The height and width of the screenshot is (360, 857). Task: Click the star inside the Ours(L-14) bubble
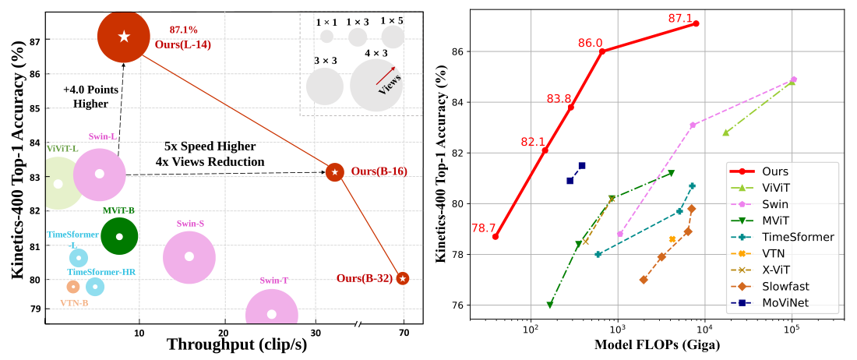tap(124, 36)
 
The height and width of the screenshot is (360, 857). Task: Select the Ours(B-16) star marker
tap(335, 171)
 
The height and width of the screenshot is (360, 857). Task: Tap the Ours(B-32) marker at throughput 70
tap(402, 278)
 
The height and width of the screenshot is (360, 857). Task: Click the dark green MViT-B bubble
tap(119, 236)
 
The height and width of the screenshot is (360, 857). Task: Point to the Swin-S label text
tap(190, 224)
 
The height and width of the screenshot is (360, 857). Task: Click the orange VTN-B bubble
tap(73, 287)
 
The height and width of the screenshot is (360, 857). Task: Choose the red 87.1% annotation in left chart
tap(184, 30)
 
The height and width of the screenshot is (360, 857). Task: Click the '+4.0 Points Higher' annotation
tap(90, 96)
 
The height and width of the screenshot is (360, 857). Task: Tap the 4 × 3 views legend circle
tap(376, 85)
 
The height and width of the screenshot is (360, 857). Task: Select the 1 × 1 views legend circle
tap(326, 36)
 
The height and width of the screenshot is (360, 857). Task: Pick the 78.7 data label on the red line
tap(483, 228)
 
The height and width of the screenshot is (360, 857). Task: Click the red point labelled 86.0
tap(602, 51)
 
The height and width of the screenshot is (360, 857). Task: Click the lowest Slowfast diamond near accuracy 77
tap(644, 280)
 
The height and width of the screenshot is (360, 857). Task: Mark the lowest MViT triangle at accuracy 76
tap(550, 305)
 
